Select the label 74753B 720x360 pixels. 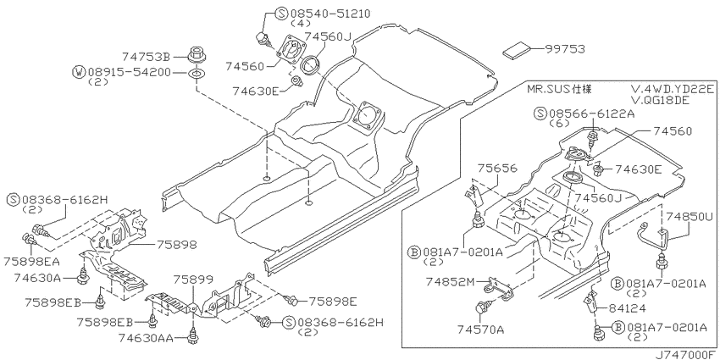[x=146, y=57]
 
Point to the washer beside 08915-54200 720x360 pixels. [x=197, y=73]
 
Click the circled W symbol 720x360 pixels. [x=80, y=72]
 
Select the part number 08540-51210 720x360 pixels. [x=330, y=13]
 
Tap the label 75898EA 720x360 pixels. [x=32, y=262]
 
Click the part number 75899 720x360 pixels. [x=193, y=280]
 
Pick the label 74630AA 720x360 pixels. [x=146, y=339]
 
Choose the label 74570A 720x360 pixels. [x=481, y=330]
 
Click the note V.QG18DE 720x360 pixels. [x=661, y=102]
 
